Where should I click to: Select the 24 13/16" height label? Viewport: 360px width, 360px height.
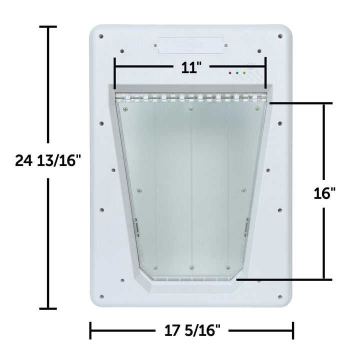[47, 161]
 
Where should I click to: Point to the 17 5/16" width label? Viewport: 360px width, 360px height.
[192, 330]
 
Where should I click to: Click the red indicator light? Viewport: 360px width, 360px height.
[230, 73]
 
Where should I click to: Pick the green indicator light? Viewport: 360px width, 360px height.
[237, 73]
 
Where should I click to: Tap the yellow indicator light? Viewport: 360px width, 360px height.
[244, 73]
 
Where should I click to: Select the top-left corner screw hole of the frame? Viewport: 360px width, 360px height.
[101, 36]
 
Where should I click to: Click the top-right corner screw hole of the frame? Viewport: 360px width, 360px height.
[279, 36]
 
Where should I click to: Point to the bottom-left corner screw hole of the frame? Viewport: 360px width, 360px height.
[101, 295]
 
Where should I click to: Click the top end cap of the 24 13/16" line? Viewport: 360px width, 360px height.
[48, 27]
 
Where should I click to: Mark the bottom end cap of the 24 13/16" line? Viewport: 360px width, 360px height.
[48, 308]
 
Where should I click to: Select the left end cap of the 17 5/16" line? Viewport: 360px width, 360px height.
[90, 330]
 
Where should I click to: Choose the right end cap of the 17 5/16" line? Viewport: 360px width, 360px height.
[293, 330]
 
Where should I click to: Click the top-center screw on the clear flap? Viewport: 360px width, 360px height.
[190, 108]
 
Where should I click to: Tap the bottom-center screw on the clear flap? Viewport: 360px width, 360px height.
[191, 268]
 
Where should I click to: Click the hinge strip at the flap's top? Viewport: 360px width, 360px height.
[190, 96]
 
